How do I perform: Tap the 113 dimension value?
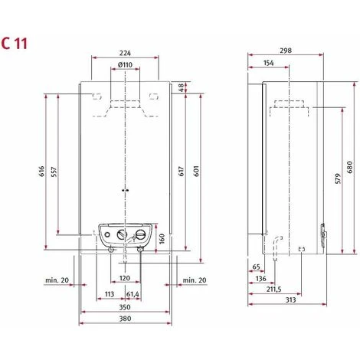(x=109, y=294)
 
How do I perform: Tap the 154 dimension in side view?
(x=268, y=64)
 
